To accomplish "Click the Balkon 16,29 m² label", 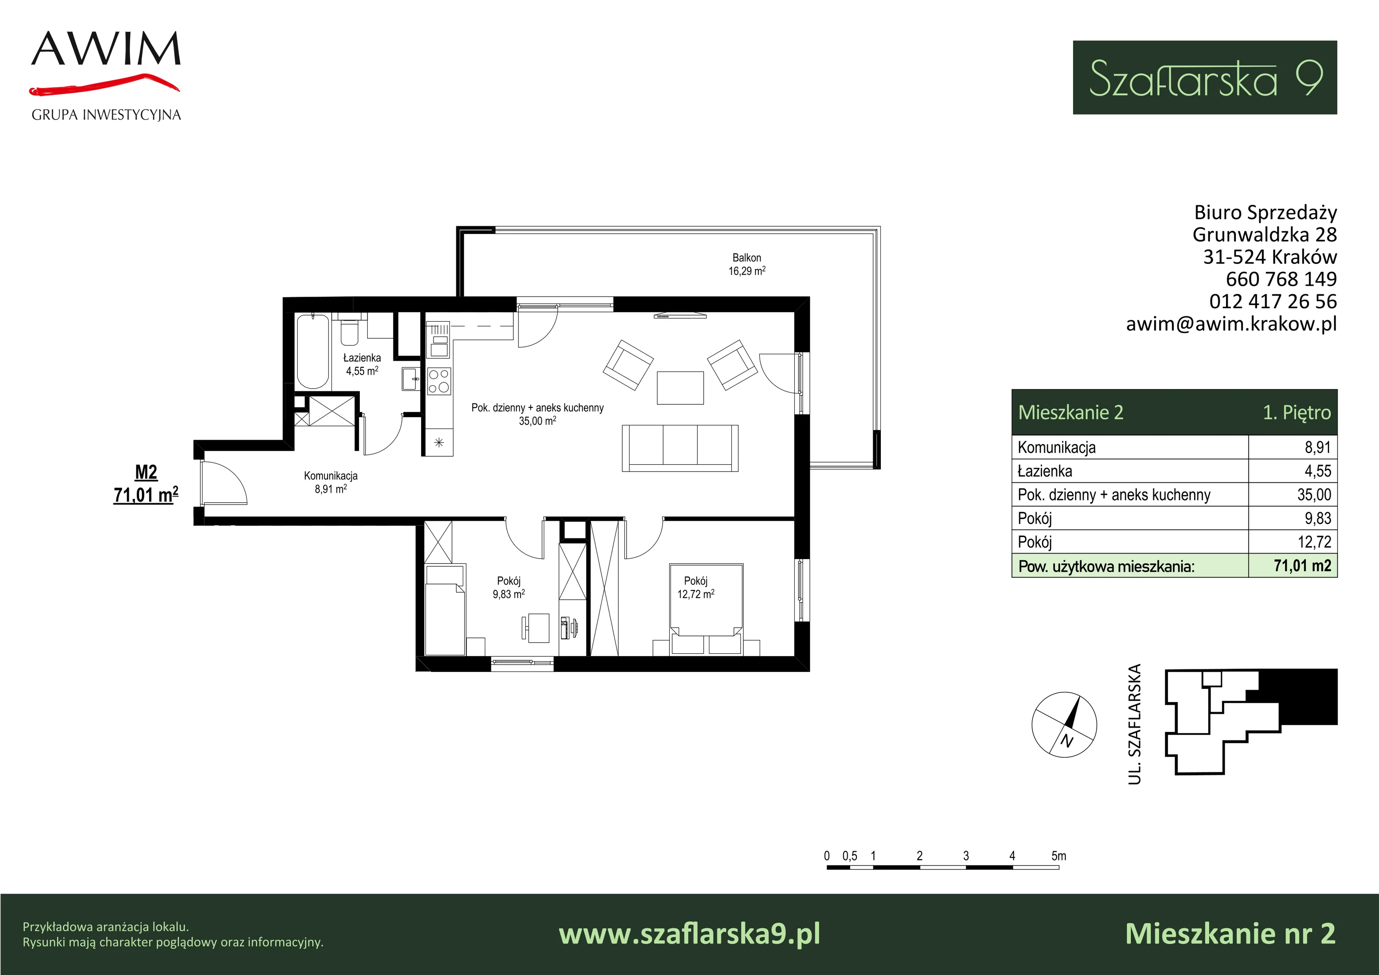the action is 746,264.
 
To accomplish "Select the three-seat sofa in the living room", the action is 680,448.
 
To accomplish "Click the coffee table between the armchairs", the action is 680,387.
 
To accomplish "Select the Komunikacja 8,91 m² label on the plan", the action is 331,482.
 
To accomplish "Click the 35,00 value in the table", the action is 1314,494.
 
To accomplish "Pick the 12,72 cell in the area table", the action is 1314,542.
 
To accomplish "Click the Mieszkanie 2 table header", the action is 1070,412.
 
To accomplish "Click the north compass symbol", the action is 1064,725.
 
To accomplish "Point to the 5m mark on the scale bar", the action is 1059,856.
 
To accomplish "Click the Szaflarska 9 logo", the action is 1205,78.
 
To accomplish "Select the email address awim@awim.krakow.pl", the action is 1231,324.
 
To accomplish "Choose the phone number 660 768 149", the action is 1281,279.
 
